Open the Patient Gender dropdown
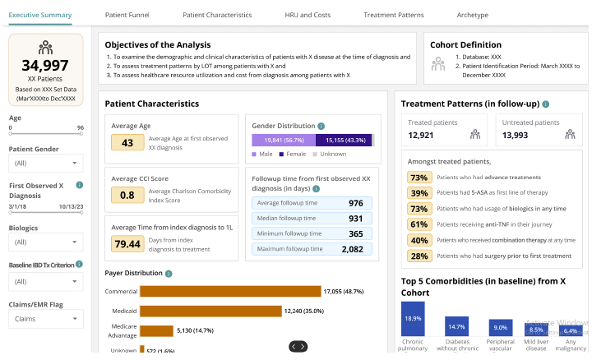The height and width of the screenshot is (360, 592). [45, 163]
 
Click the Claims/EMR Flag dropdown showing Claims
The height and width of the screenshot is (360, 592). [45, 319]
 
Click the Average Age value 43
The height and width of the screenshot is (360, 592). [127, 143]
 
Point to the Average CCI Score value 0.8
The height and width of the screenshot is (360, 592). [127, 195]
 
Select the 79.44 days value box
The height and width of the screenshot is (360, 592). [127, 243]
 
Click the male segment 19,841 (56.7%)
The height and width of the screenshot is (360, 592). [283, 141]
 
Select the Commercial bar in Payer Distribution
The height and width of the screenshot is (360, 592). [230, 291]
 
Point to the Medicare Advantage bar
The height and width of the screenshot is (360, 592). [156, 331]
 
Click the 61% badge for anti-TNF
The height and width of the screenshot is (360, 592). [419, 224]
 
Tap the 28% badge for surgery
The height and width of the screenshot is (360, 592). [419, 256]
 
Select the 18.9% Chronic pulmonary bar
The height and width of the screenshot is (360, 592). [413, 319]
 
